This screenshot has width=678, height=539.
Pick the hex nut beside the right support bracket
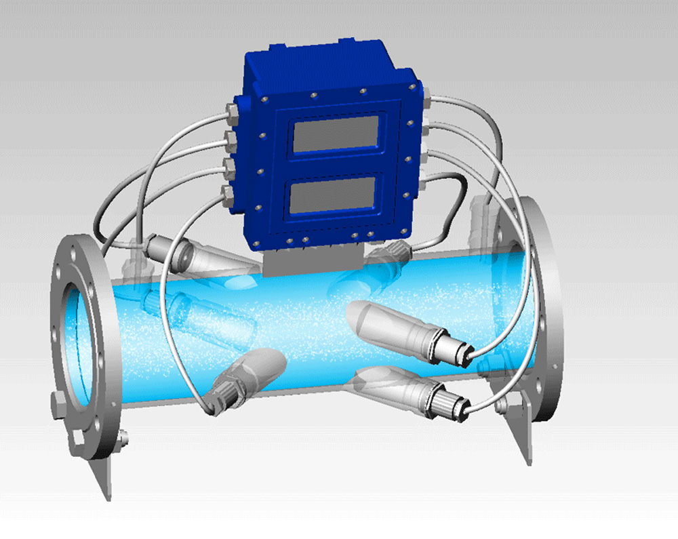pyautogui.click(x=502, y=406)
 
